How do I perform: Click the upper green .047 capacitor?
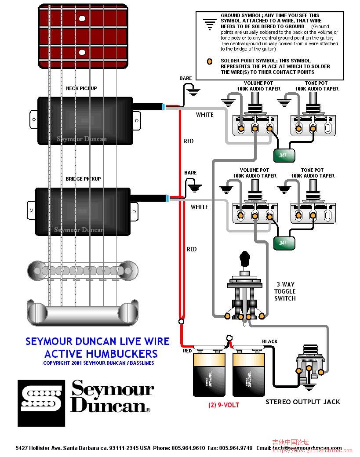coord(284,155)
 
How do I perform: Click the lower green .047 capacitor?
coord(284,243)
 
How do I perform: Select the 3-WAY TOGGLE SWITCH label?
coord(285,291)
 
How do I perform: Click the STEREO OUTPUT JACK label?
coord(302,402)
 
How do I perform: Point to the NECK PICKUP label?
coord(81,88)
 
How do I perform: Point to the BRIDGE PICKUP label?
coord(83,179)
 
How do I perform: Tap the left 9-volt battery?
coord(209,374)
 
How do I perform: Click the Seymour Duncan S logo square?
coord(41,403)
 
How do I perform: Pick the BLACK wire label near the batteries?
coord(269,341)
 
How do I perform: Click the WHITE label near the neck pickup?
coord(204,115)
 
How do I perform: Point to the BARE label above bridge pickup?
coord(190,173)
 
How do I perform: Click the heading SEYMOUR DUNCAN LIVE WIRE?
coord(97,341)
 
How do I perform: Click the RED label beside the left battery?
coord(187,351)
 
